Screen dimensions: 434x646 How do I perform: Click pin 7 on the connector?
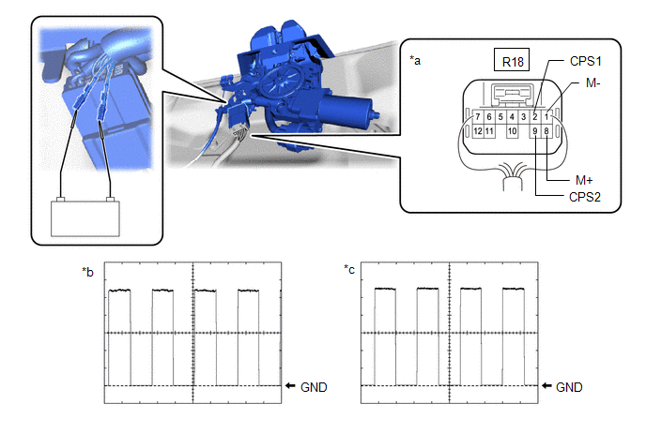click(x=478, y=117)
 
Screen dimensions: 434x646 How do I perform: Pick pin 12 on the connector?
click(x=478, y=132)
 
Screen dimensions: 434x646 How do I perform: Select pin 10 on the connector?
click(x=512, y=132)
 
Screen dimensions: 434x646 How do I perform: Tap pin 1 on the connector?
click(x=546, y=117)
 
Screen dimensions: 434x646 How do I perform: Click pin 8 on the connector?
click(x=546, y=132)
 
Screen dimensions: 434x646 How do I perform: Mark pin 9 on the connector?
click(x=534, y=132)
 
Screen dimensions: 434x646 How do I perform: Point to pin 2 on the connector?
click(x=534, y=117)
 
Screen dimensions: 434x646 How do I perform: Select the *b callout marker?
click(x=88, y=272)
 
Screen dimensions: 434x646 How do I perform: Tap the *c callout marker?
click(x=349, y=272)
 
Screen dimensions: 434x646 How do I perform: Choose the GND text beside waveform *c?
click(x=570, y=386)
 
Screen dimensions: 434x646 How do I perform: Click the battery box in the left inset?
click(x=85, y=217)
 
